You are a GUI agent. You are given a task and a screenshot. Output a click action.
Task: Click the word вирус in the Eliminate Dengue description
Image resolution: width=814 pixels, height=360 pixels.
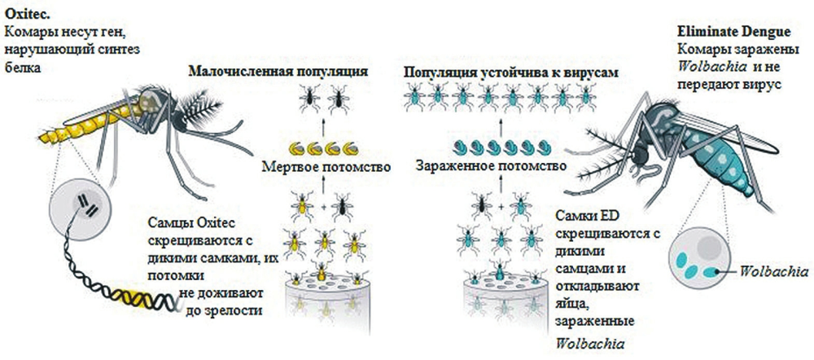tap(764, 84)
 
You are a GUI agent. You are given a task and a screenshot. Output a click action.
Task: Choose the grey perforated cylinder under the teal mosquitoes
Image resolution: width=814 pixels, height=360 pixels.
tap(497, 301)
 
